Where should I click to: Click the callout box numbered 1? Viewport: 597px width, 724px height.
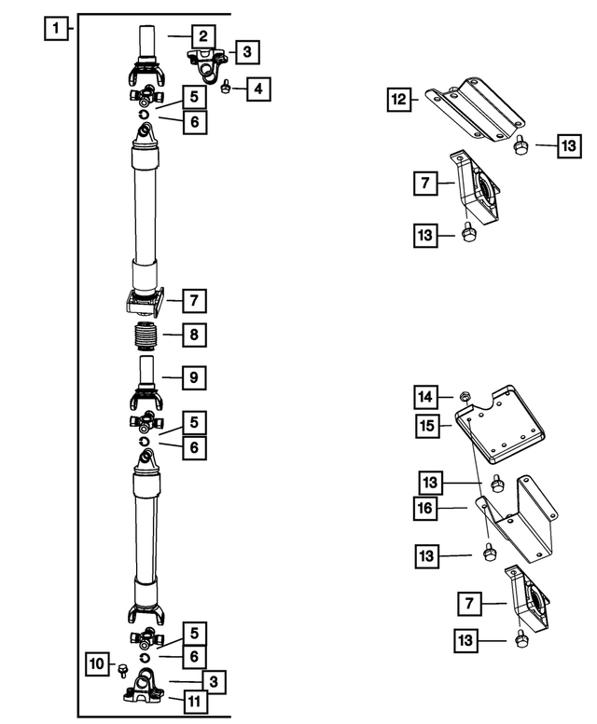pos(57,29)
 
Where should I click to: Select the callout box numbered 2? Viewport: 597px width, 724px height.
pos(201,36)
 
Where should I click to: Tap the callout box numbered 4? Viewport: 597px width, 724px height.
pos(259,89)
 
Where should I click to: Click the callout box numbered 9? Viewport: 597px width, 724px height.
pos(194,378)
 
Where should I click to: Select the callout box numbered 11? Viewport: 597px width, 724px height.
pos(194,702)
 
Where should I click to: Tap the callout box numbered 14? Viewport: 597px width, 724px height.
pos(426,399)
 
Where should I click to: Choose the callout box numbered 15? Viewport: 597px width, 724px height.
pos(426,426)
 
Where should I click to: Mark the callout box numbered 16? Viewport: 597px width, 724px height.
pos(426,508)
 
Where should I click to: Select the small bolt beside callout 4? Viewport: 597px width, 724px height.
pos(227,88)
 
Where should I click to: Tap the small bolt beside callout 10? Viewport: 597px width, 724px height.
pos(121,667)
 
